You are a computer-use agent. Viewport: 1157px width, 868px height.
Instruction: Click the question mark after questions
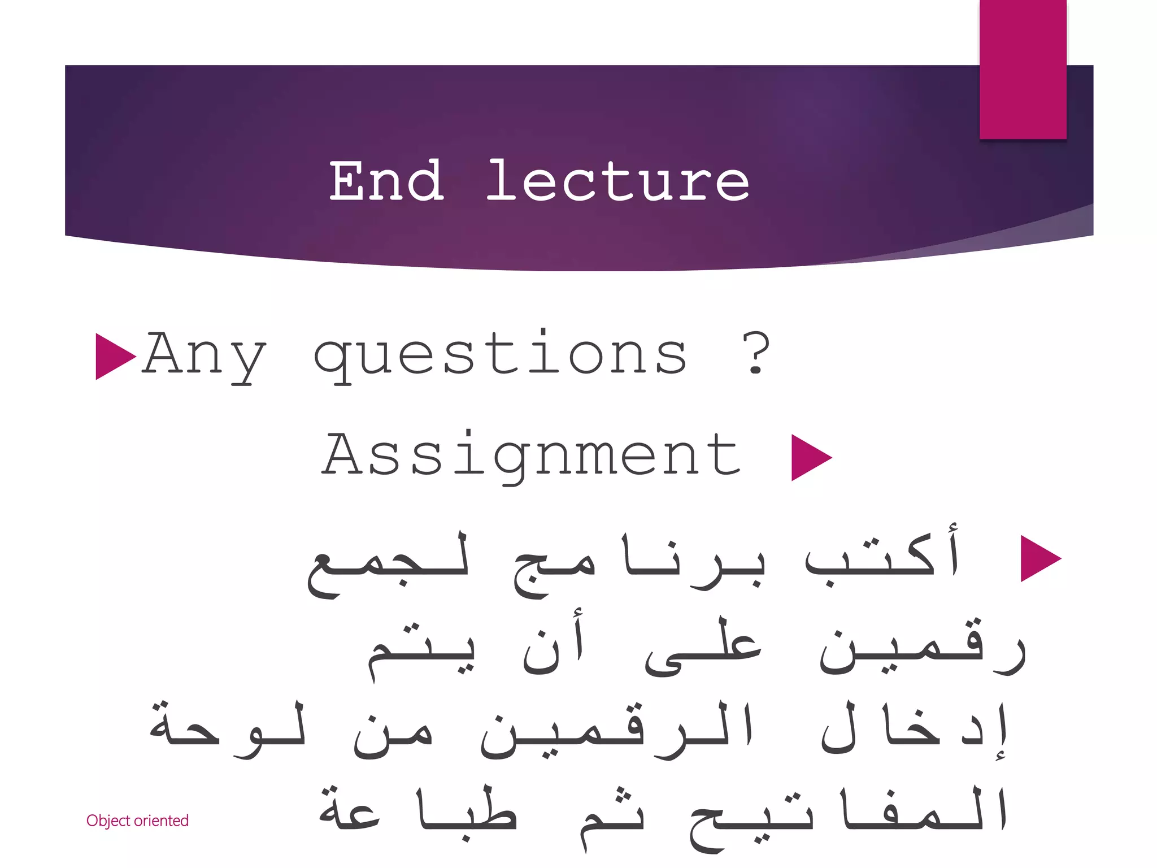click(756, 354)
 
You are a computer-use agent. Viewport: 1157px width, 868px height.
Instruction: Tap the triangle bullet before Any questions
click(115, 356)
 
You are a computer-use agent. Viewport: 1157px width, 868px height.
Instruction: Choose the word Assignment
click(531, 455)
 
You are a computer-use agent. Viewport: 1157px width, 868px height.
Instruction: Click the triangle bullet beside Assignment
click(810, 457)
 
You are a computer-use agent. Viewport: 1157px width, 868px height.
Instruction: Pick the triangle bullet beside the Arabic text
click(1039, 558)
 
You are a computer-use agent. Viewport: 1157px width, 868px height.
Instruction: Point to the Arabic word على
click(703, 647)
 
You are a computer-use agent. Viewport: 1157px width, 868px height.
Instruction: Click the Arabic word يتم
click(421, 650)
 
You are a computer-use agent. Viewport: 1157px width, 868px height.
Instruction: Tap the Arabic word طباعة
click(418, 811)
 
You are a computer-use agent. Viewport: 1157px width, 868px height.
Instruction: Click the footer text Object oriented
click(137, 821)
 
